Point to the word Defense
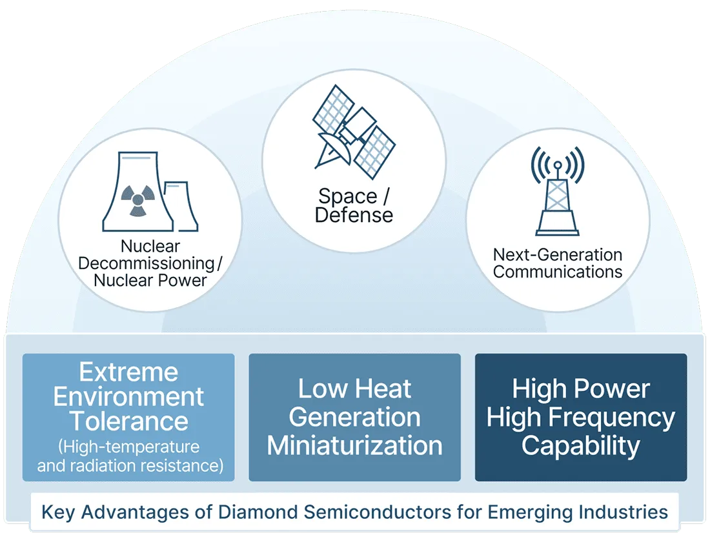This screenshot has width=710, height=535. tap(354, 215)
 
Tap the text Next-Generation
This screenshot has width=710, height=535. tap(557, 255)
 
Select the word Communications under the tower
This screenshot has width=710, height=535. tap(557, 272)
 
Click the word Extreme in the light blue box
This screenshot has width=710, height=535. tap(128, 372)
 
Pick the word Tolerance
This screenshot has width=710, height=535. tap(128, 421)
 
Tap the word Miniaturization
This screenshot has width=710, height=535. tap(354, 446)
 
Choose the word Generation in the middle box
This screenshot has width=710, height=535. tap(354, 418)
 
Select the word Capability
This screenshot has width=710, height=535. tap(580, 446)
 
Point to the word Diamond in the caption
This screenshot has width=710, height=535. tap(249, 512)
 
